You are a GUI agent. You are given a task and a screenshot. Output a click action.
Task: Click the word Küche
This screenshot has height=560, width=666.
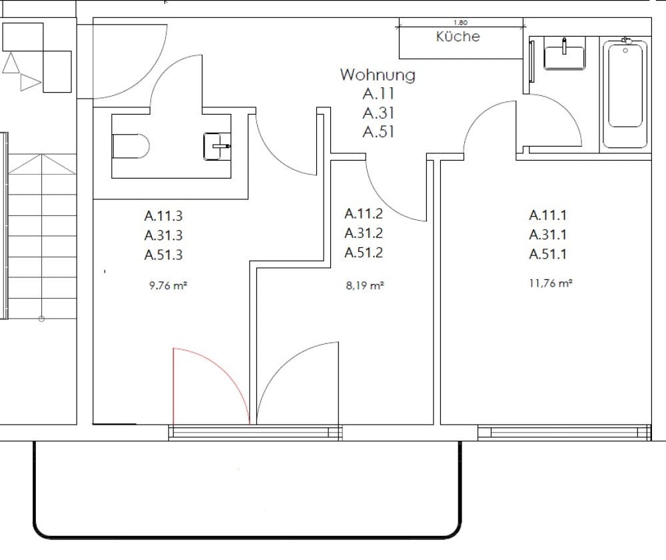458,37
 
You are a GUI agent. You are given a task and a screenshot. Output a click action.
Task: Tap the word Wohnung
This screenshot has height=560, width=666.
378,75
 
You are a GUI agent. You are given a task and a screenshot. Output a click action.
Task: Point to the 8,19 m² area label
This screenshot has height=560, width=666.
364,285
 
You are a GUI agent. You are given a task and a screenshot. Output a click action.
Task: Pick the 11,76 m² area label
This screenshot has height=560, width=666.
551,283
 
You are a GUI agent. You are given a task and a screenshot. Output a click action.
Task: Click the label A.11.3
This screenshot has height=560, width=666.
163,216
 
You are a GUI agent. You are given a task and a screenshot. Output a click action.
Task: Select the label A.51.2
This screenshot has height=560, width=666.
364,253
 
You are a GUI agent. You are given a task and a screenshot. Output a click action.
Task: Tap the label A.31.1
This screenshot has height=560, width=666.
548,234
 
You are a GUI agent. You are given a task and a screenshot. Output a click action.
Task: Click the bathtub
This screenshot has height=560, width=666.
625,93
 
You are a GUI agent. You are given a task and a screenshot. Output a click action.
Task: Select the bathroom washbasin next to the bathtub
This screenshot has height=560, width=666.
564,56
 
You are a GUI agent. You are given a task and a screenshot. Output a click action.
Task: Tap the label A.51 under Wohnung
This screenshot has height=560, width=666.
378,132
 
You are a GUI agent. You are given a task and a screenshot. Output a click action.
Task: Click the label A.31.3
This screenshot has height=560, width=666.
163,235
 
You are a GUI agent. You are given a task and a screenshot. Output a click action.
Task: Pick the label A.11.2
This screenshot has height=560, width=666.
364,214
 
